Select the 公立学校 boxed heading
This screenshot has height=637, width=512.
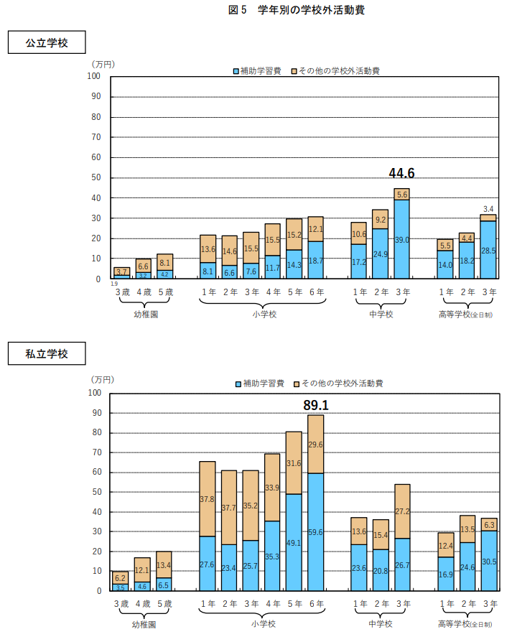tap(47, 42)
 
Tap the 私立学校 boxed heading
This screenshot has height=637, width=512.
tap(47, 353)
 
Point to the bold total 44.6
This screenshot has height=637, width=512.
tap(401, 173)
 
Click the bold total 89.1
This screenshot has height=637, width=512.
tap(316, 406)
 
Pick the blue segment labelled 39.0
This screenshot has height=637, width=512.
tap(401, 239)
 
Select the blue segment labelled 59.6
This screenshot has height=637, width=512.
tap(316, 532)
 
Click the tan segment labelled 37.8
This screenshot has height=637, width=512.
tap(208, 498)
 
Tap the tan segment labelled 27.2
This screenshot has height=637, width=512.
tap(401, 511)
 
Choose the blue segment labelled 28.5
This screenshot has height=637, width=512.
tap(488, 250)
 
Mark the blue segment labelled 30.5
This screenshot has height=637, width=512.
tap(488, 561)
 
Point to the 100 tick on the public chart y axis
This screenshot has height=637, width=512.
tap(95, 76)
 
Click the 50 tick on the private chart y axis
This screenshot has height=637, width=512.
tap(95, 492)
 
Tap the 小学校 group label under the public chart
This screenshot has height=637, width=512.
tap(261, 314)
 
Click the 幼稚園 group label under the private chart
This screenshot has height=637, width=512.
tap(144, 624)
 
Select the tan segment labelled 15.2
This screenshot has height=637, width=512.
tap(294, 234)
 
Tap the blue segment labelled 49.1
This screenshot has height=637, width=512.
tap(294, 542)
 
